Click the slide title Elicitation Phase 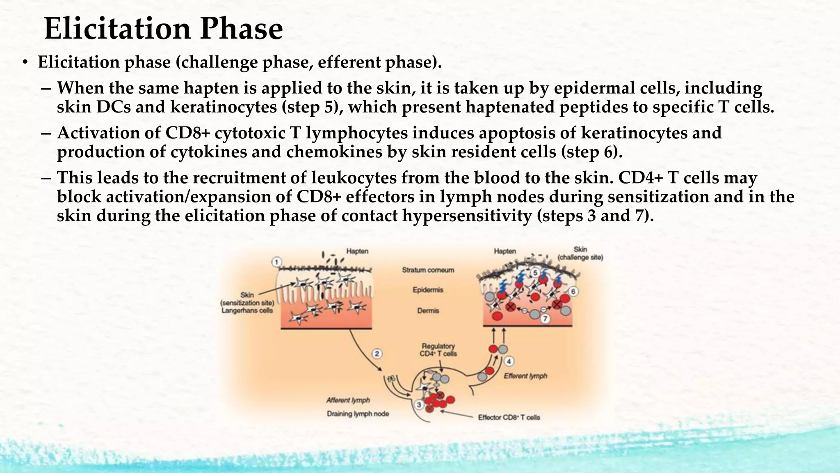point(163,29)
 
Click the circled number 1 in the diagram point(277,262)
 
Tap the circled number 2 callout point(377,354)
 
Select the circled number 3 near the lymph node point(419,405)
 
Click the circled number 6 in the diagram point(573,292)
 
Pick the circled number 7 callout point(545,319)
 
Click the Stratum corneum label point(428,270)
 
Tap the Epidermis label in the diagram point(428,290)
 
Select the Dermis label point(428,311)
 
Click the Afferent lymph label point(348,400)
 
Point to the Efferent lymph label point(525,376)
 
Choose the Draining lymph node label point(358,414)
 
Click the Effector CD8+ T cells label point(509,418)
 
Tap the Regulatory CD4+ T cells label point(438,350)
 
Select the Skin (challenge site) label point(580,254)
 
